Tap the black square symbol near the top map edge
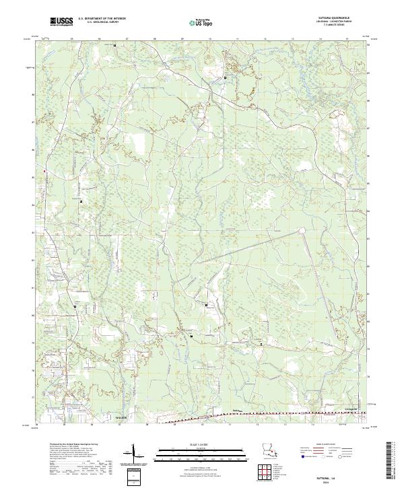(114, 45)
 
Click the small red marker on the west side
(46, 171)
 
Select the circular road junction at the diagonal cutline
(301, 231)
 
